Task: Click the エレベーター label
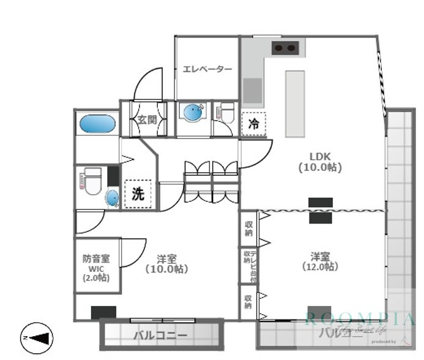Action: point(207,69)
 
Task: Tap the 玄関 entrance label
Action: point(146,119)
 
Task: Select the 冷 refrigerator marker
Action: point(253,123)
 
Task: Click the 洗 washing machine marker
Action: point(138,194)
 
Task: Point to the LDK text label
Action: point(319,156)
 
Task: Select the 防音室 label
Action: point(97,259)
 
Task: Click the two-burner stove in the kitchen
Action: point(285,48)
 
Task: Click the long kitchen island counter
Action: point(294,103)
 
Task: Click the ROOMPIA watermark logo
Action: point(360,320)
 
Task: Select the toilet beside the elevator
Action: point(226,114)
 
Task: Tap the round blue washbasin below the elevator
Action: point(193,113)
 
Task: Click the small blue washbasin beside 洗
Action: point(113,198)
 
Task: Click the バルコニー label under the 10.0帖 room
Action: point(160,336)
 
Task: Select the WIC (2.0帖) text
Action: point(97,273)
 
